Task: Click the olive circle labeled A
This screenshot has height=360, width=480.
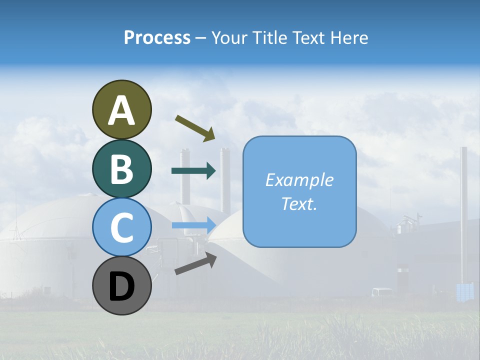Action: (x=121, y=109)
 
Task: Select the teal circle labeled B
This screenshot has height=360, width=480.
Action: (x=121, y=168)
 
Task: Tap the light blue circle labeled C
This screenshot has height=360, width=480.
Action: (x=121, y=227)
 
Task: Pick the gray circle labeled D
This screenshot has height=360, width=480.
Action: (x=121, y=285)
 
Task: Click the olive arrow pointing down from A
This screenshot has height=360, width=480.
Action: (x=195, y=127)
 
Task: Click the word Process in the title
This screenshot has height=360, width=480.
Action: (x=157, y=37)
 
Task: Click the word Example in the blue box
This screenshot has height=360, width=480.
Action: (x=299, y=180)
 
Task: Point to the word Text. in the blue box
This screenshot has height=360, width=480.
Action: (x=299, y=203)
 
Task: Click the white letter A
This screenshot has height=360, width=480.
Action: (x=121, y=110)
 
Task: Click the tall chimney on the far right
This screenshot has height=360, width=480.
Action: (x=464, y=210)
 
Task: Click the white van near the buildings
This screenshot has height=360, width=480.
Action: (x=382, y=292)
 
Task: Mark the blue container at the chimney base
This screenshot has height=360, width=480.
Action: (x=465, y=291)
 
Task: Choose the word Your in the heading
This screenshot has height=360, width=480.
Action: (x=227, y=37)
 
